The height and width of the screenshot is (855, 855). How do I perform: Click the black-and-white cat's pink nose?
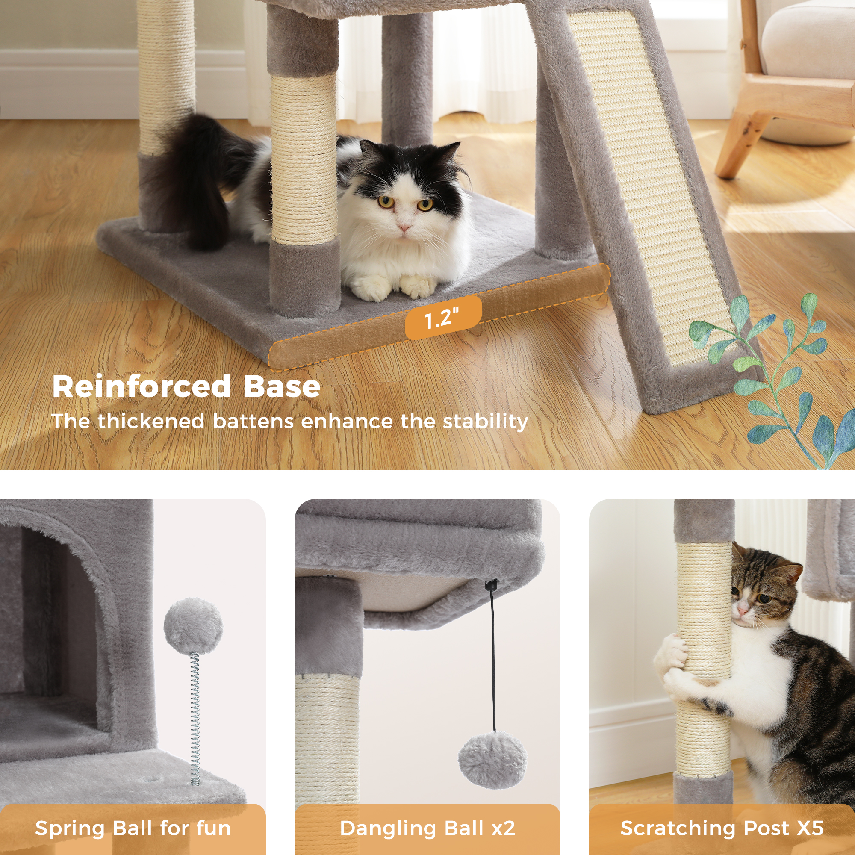(x=403, y=227)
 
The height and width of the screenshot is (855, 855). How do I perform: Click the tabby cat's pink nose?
(x=742, y=612)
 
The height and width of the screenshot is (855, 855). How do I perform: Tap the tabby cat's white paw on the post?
(x=670, y=654)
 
